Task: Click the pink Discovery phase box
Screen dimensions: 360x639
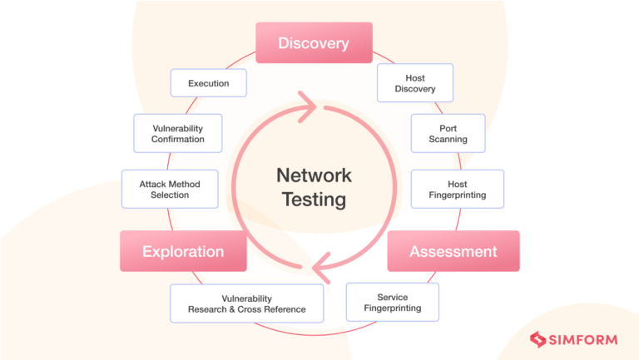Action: point(313,43)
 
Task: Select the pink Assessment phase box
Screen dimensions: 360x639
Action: point(453,251)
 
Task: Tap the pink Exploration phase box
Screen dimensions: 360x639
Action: point(183,251)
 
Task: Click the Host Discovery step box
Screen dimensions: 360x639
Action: point(414,84)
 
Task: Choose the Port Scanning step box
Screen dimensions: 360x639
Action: point(448,134)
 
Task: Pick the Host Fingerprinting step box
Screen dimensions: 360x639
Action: point(457,190)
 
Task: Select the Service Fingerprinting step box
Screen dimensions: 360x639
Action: point(392,303)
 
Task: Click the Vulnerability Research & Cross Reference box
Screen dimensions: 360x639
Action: point(246,303)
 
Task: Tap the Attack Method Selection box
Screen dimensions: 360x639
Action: point(170,190)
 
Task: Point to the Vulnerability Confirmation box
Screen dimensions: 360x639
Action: point(177,134)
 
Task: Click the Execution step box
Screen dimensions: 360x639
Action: point(208,84)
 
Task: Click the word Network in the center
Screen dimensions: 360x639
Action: point(314,175)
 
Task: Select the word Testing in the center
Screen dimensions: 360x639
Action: point(314,200)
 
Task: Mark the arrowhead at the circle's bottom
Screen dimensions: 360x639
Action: point(320,269)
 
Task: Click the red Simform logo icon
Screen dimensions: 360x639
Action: point(537,339)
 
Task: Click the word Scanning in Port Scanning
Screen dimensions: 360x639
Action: point(448,140)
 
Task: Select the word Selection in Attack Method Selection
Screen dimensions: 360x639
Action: point(170,195)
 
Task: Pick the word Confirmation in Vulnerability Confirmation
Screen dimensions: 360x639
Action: point(177,140)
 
